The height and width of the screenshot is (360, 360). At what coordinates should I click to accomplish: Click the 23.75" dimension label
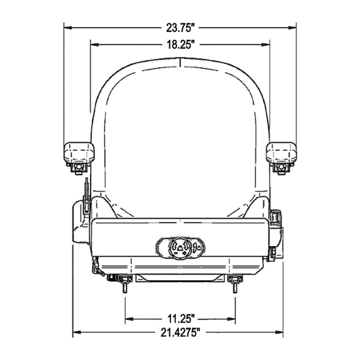pyautogui.click(x=180, y=28)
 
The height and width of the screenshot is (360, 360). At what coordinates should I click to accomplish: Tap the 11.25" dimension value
pyautogui.click(x=180, y=319)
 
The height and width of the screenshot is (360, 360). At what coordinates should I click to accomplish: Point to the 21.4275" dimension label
pyautogui.click(x=180, y=333)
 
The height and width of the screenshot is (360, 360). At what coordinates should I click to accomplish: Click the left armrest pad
pyautogui.click(x=79, y=153)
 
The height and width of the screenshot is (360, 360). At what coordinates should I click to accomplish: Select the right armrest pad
pyautogui.click(x=281, y=153)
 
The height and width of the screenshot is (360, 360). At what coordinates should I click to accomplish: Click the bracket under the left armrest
pyautogui.click(x=79, y=169)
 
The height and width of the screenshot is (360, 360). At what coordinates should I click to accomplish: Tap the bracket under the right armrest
pyautogui.click(x=281, y=169)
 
